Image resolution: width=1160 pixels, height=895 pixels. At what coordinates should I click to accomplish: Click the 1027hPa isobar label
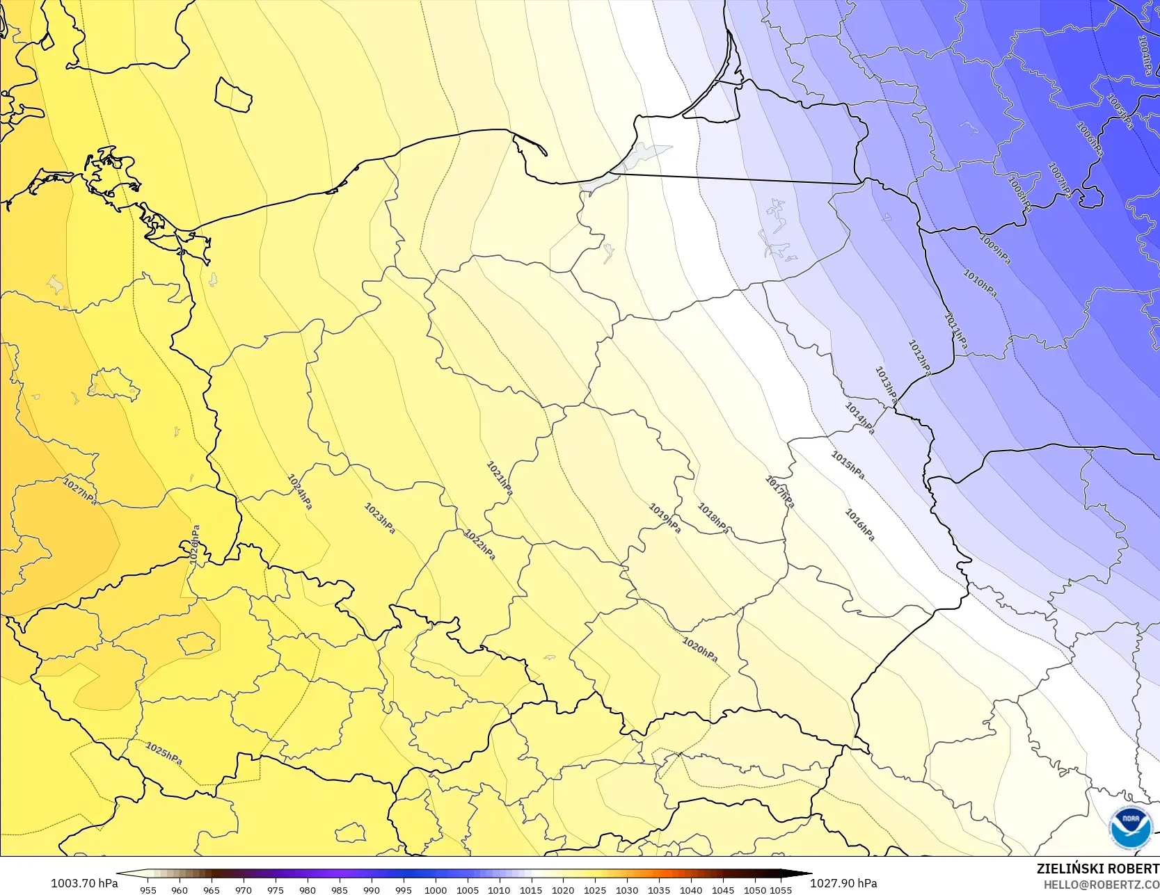[x=81, y=491]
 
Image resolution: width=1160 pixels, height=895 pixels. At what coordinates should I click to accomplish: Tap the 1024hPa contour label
[x=300, y=492]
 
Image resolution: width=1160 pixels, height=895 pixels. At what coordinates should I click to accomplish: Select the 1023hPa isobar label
[x=380, y=518]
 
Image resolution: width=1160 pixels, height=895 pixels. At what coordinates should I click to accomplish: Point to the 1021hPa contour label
[x=500, y=478]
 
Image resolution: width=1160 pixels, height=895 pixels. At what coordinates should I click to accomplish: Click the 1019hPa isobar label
[x=665, y=518]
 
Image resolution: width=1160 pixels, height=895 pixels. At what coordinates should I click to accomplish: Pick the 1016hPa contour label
[x=859, y=525]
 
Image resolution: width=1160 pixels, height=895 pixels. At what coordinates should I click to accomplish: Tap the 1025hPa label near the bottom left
[x=164, y=754]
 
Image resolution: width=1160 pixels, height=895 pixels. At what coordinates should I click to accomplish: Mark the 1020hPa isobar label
[x=700, y=650]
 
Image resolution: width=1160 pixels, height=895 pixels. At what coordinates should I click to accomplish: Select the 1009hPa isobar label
[x=995, y=249]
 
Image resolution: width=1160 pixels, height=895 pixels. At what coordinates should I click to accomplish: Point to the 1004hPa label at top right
[x=1145, y=55]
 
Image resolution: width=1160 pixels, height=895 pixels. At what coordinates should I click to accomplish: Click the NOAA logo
[x=1131, y=828]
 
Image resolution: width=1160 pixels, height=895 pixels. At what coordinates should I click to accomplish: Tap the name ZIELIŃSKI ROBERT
[x=1097, y=869]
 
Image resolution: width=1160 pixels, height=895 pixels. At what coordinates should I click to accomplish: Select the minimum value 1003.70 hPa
[x=84, y=883]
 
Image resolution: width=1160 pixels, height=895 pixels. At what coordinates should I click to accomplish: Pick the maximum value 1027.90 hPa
[x=843, y=883]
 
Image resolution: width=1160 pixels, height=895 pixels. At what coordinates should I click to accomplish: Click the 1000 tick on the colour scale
[x=436, y=889]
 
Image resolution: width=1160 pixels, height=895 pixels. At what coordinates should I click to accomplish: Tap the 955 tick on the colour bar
[x=148, y=889]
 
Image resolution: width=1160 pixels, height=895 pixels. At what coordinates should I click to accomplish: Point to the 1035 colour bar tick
[x=659, y=889]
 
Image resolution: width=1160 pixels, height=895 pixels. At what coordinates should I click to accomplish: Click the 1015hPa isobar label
[x=848, y=465]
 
